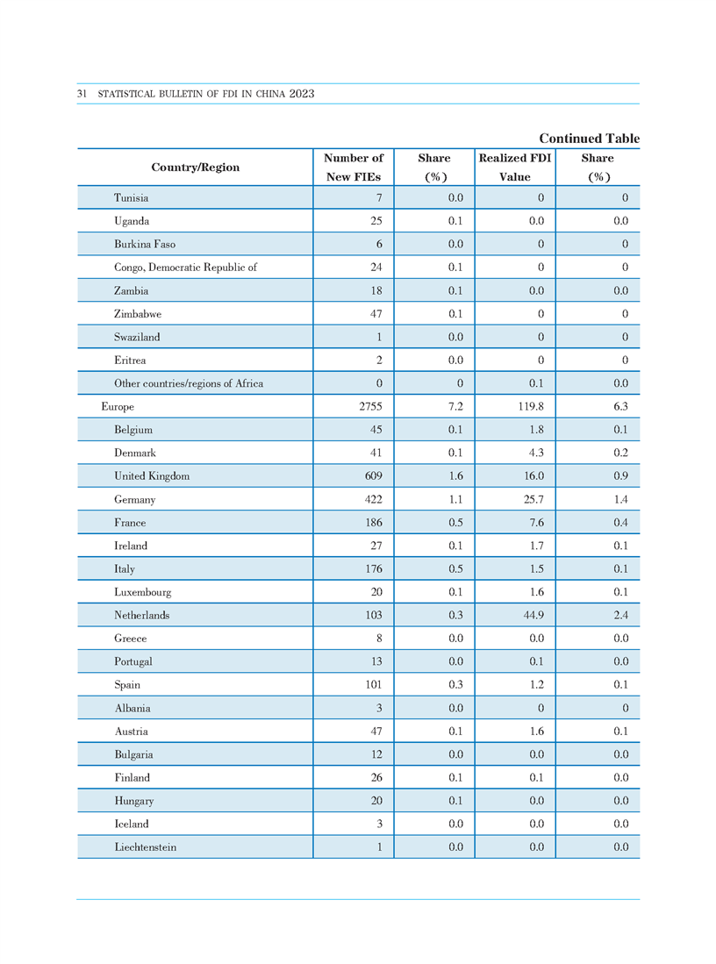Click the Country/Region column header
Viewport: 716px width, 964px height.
[195, 168]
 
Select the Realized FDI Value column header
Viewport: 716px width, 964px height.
[515, 168]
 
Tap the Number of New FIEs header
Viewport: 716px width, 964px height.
[354, 168]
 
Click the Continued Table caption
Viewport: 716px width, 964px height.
[590, 139]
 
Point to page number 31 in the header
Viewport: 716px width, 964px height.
[82, 94]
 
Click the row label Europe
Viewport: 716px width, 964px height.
[118, 406]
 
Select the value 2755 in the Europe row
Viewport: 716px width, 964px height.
[370, 406]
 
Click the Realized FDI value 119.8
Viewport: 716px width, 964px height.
[531, 406]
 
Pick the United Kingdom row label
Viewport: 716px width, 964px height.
[151, 475]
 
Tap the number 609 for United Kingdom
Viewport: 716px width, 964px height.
[374, 475]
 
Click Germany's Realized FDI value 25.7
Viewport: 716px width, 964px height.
[533, 499]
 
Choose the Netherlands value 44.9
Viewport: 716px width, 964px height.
[533, 615]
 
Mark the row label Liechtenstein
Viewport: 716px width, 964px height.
[145, 846]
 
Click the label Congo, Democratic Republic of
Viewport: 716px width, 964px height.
[185, 268]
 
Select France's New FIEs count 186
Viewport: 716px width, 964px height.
[374, 523]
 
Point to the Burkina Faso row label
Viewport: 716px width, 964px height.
[145, 244]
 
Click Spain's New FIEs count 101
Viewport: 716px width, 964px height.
[374, 684]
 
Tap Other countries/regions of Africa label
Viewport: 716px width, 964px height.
[189, 383]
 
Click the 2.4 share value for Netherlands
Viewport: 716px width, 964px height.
[620, 615]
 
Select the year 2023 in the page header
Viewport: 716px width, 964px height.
[302, 94]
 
